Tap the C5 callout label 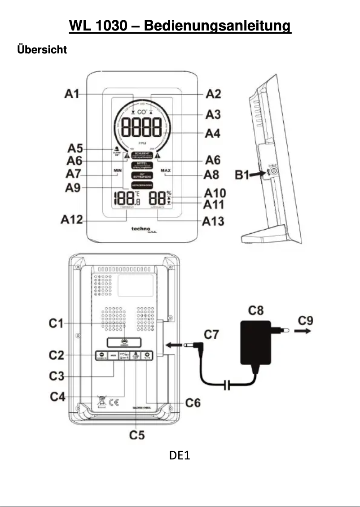click(x=137, y=435)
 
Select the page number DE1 click(x=180, y=456)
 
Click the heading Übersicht click(x=42, y=50)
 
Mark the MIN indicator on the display click(x=118, y=171)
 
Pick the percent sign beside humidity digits click(x=169, y=193)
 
